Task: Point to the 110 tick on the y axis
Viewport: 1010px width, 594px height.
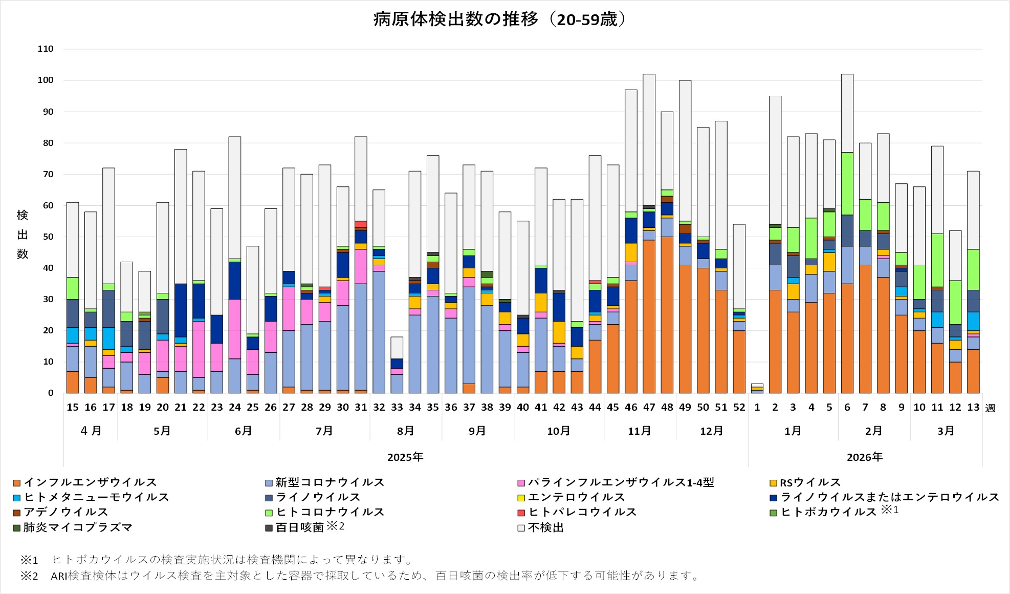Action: tap(46, 49)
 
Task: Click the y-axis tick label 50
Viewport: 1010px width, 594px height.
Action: tap(48, 237)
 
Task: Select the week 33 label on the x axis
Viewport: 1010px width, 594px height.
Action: tap(397, 408)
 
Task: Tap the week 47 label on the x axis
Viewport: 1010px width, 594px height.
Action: tap(649, 408)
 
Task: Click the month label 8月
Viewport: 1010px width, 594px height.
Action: tap(406, 431)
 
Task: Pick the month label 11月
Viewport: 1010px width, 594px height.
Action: tap(640, 431)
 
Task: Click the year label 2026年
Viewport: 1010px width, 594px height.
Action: tap(865, 457)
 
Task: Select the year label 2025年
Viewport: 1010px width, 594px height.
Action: tap(405, 457)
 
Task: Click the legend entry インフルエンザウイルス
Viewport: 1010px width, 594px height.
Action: tap(90, 482)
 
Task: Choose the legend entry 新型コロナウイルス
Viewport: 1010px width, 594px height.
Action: tap(330, 482)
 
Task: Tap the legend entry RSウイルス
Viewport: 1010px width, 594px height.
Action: tap(809, 482)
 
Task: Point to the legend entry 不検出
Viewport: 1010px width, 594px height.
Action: tap(545, 527)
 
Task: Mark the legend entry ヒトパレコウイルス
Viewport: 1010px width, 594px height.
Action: tap(582, 512)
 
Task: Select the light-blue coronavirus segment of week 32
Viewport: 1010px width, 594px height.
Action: tap(379, 332)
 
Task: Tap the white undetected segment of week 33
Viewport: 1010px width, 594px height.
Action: tap(397, 348)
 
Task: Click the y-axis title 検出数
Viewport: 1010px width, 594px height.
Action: tap(23, 235)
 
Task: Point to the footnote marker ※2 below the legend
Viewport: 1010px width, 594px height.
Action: tap(29, 576)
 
